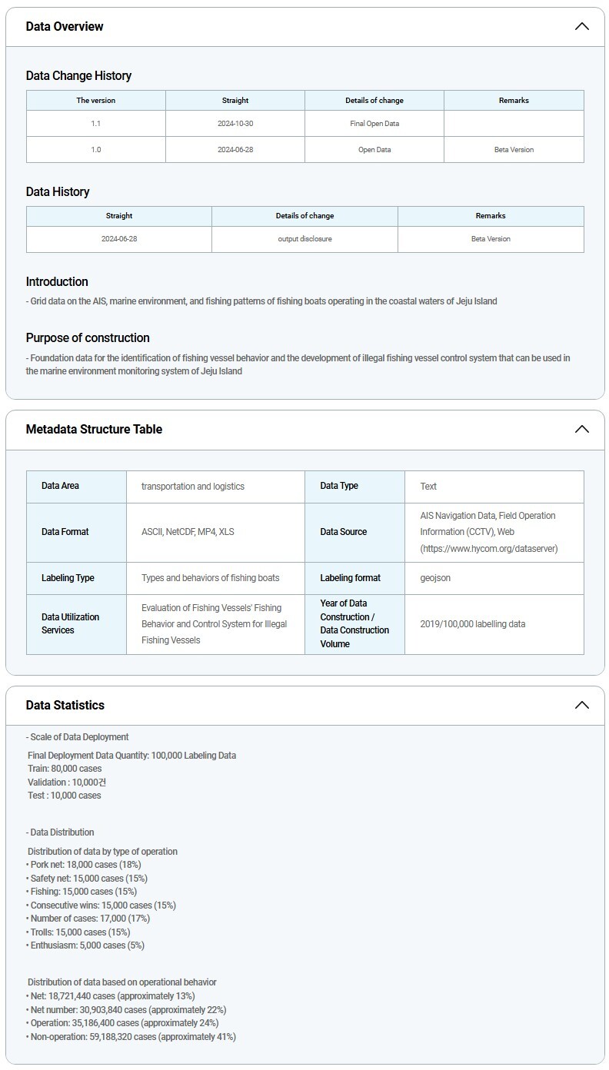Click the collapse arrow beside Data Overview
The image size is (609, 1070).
click(581, 26)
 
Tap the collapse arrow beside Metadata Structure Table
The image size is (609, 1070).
click(581, 429)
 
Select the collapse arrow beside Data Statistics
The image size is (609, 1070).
click(581, 705)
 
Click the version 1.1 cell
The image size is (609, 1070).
click(96, 123)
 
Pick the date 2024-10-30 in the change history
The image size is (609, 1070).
click(235, 123)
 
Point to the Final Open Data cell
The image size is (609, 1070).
click(374, 123)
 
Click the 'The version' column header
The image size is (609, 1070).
click(96, 100)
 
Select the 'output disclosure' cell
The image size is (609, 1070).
click(304, 239)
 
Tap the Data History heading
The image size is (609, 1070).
click(58, 191)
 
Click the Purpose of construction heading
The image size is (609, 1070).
click(88, 337)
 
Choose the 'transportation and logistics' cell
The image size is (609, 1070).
click(193, 486)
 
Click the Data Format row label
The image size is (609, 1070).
click(65, 531)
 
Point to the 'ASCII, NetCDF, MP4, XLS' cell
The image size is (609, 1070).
click(188, 531)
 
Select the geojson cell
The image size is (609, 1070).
click(435, 577)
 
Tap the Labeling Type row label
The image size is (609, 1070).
click(68, 577)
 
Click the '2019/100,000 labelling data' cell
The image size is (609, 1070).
click(473, 623)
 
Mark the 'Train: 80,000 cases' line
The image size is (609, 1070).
click(65, 768)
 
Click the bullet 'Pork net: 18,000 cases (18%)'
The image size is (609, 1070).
click(84, 865)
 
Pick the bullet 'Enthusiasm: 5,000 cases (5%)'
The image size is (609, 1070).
click(86, 945)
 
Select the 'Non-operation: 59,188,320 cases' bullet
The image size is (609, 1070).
click(132, 1037)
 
